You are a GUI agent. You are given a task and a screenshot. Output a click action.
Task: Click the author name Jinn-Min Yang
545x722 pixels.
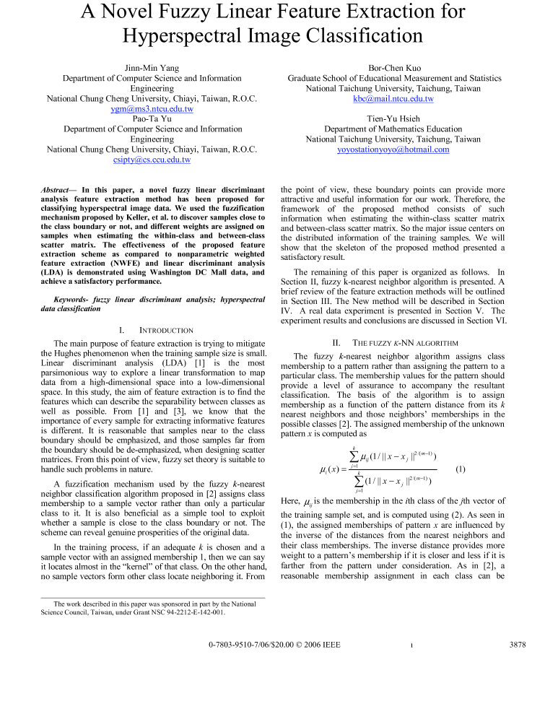tap(152, 67)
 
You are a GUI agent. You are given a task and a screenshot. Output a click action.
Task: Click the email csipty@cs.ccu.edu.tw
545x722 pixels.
tap(152, 160)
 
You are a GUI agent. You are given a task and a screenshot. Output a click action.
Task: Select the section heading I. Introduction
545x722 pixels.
tap(152, 330)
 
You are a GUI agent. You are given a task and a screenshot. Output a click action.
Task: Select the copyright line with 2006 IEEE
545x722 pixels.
tap(274, 644)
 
